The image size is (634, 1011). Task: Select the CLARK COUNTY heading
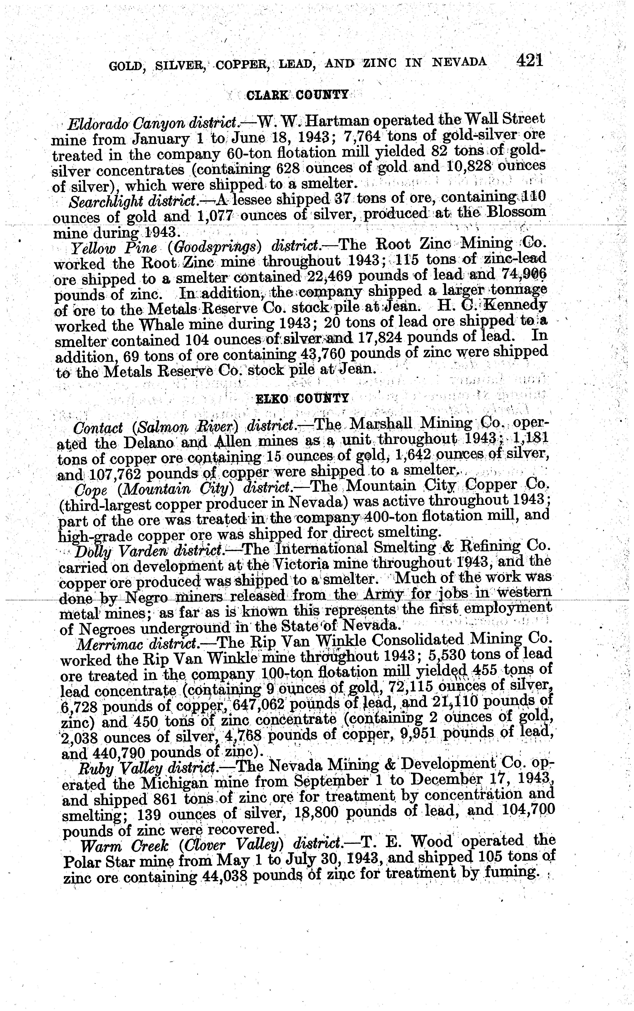point(297,95)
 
